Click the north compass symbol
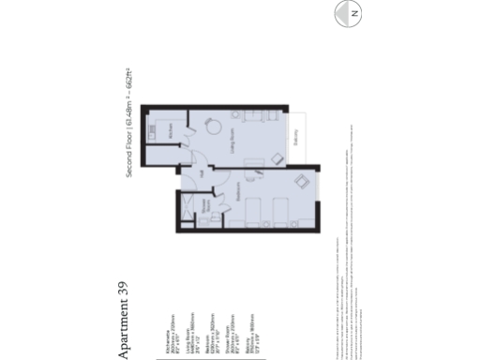(x=353, y=15)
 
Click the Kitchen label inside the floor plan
(x=171, y=134)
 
